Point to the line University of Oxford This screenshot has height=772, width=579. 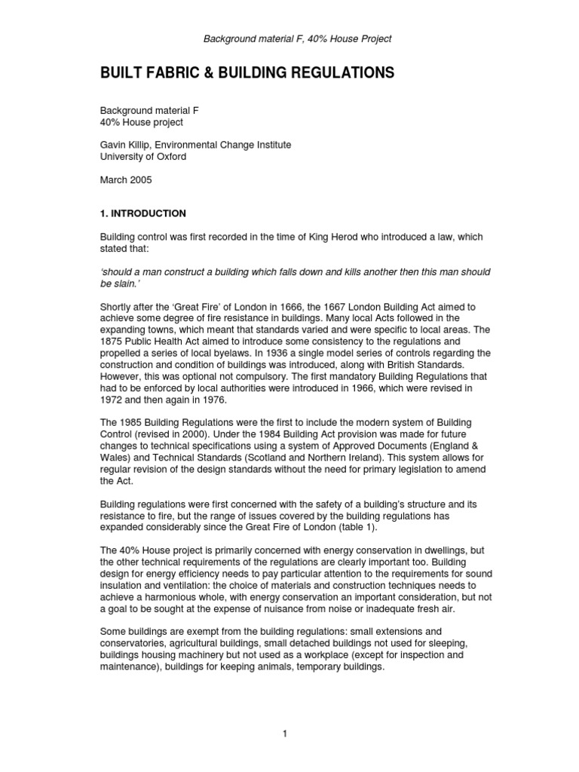coord(143,157)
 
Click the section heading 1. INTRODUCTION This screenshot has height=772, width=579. coord(143,213)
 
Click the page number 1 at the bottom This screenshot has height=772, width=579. coord(286,734)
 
